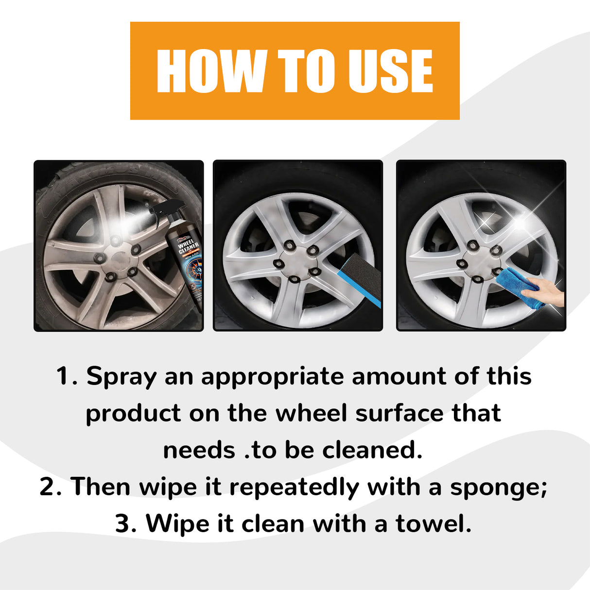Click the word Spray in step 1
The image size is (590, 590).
click(121, 377)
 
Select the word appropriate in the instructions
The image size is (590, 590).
click(272, 377)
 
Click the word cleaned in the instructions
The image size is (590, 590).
click(372, 451)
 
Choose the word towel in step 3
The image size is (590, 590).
click(433, 524)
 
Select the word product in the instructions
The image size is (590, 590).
click(133, 414)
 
